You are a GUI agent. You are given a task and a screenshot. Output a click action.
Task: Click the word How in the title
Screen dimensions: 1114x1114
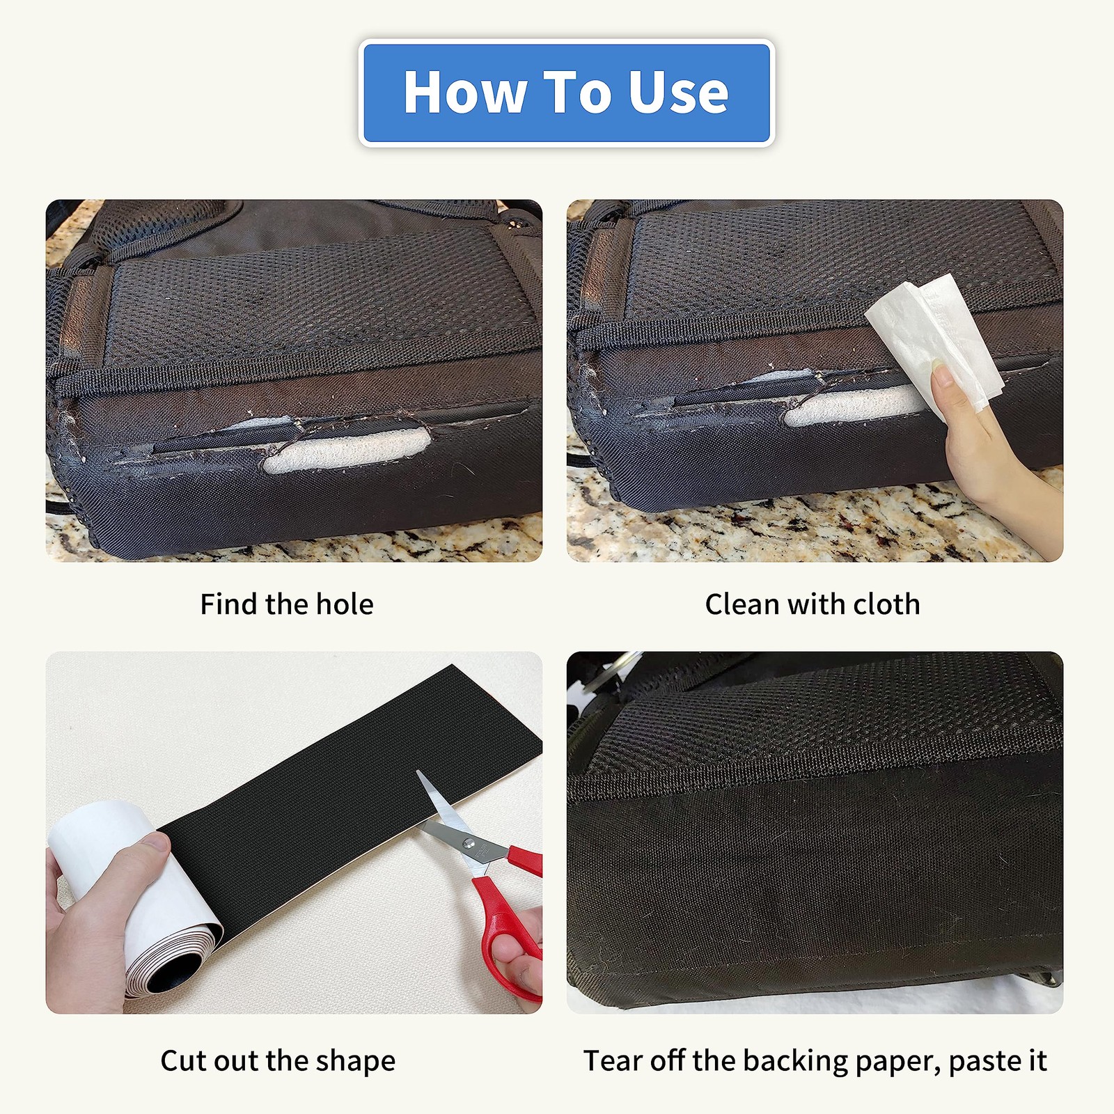(465, 92)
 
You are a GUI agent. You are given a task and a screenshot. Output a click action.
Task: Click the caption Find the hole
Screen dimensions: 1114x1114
(287, 604)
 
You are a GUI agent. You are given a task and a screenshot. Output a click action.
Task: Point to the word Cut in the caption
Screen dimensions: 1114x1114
(184, 1061)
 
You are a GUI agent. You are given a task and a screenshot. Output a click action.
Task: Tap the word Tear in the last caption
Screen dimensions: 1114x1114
(611, 1061)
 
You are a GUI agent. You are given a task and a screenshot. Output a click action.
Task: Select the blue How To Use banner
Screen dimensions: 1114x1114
(566, 93)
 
